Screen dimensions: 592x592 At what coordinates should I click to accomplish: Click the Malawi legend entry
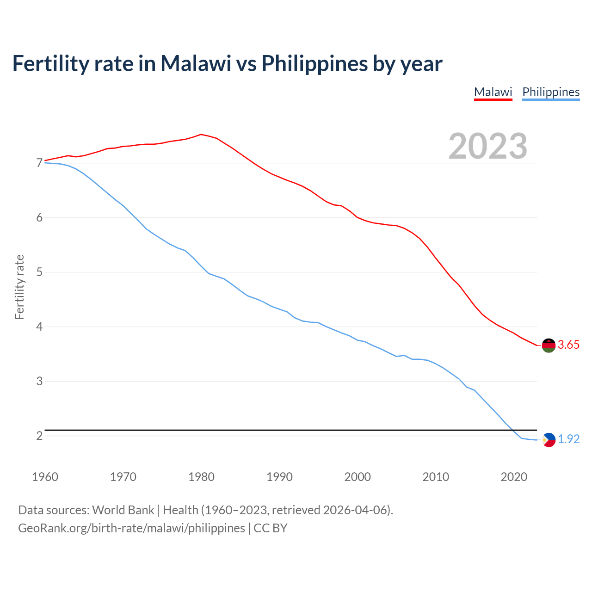pyautogui.click(x=493, y=92)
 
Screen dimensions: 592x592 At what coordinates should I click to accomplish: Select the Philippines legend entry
pyautogui.click(x=551, y=92)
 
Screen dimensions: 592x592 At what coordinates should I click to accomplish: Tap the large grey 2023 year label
pyautogui.click(x=488, y=146)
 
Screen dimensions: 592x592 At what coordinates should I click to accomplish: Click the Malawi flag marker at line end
pyautogui.click(x=549, y=345)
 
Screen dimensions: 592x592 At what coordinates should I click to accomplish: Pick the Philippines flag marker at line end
pyautogui.click(x=549, y=439)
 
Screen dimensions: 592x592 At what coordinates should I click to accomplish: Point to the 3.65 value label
pyautogui.click(x=568, y=345)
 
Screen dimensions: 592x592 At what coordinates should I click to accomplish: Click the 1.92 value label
pyautogui.click(x=568, y=439)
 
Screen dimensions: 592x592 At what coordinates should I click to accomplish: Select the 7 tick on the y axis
pyautogui.click(x=39, y=163)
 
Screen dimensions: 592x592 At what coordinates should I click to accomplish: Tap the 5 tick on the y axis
pyautogui.click(x=39, y=272)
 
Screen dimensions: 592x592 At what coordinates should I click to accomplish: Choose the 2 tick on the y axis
pyautogui.click(x=39, y=436)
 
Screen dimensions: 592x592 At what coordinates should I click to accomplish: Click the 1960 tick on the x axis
pyautogui.click(x=45, y=477)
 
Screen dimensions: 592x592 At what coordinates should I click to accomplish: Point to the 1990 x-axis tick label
pyautogui.click(x=279, y=477)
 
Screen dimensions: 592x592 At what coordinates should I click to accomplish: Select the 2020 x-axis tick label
pyautogui.click(x=514, y=477)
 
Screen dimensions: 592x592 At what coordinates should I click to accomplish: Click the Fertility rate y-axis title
pyautogui.click(x=19, y=287)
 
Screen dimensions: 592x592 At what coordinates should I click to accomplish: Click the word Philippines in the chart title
pyautogui.click(x=315, y=63)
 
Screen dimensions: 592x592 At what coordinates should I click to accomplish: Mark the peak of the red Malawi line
pyautogui.click(x=201, y=134)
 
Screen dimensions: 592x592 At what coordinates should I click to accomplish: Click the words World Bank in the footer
pyautogui.click(x=123, y=510)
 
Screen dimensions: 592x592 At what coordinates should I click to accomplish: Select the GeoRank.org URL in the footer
pyautogui.click(x=131, y=528)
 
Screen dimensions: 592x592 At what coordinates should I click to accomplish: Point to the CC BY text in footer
pyautogui.click(x=271, y=528)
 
